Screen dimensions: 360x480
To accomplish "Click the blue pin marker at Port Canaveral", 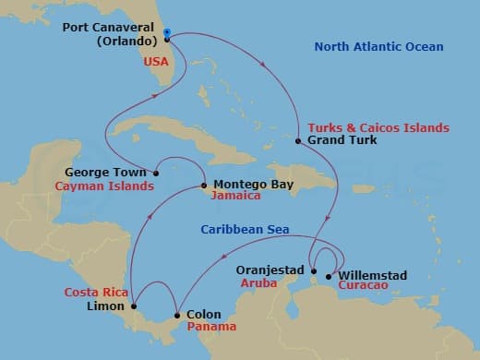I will (166, 33).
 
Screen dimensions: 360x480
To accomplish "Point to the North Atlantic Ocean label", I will (378, 46).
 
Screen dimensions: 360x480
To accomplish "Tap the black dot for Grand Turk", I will (298, 141).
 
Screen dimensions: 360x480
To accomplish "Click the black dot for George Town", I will (157, 172).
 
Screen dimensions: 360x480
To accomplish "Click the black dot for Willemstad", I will (330, 276).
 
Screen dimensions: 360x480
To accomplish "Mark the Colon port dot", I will (177, 316).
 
